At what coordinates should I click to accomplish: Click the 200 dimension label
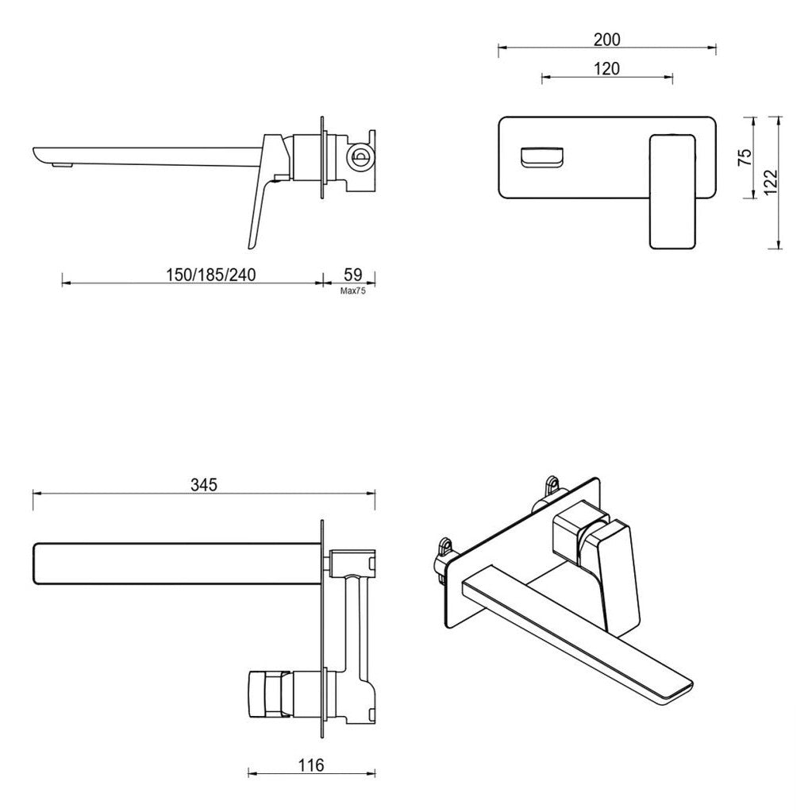click(606, 39)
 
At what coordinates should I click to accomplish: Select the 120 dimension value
click(606, 68)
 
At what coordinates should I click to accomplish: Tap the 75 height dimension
click(744, 156)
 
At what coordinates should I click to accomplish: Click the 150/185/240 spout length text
click(210, 275)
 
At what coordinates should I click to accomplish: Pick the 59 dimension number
click(352, 275)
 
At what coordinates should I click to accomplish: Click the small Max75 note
click(352, 291)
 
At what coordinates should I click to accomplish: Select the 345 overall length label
click(203, 483)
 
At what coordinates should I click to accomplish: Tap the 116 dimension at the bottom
click(311, 765)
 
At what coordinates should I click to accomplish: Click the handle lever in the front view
click(673, 190)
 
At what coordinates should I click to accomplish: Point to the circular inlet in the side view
click(360, 156)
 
